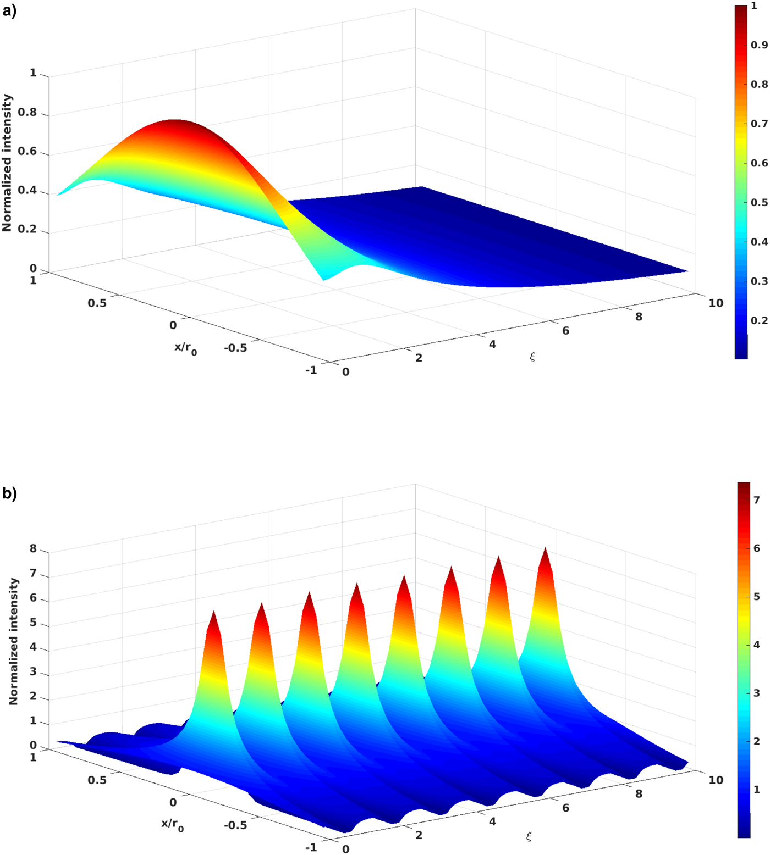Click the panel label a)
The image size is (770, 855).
click(9, 11)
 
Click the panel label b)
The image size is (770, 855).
click(9, 493)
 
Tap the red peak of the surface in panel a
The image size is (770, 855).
click(175, 122)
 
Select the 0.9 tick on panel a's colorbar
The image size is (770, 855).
click(759, 45)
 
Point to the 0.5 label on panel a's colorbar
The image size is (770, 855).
click(759, 203)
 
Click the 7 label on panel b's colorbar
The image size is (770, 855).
click(757, 500)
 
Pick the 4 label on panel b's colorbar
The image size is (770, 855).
click(757, 645)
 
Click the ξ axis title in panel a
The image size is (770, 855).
click(532, 357)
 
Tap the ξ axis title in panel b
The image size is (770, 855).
click(529, 837)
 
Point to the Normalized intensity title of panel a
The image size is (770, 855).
click(7, 163)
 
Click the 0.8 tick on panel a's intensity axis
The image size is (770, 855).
click(27, 113)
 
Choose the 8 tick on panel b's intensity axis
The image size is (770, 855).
click(33, 549)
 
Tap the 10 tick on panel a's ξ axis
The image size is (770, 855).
click(716, 303)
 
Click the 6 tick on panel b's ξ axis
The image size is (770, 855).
click(565, 808)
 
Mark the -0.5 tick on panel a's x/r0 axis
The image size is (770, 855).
click(235, 348)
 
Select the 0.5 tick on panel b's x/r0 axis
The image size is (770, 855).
click(97, 780)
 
